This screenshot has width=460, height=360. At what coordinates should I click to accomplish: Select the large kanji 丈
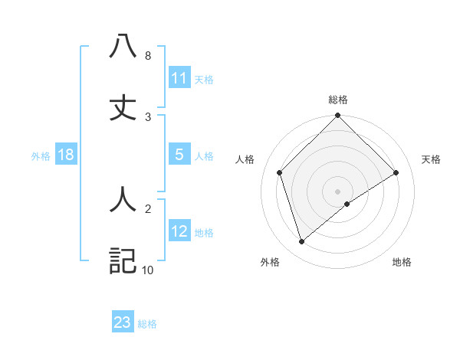point(123,106)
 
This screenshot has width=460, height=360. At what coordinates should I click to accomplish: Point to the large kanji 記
point(123,260)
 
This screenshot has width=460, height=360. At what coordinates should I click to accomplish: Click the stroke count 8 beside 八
point(147,56)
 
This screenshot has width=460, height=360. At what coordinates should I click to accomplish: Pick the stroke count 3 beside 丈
point(147,117)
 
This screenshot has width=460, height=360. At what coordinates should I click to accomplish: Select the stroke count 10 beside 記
point(147,270)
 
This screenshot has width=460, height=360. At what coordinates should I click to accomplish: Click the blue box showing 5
point(179,154)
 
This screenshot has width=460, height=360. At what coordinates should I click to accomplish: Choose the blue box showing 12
point(179,231)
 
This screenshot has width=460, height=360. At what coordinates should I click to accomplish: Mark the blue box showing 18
point(66,154)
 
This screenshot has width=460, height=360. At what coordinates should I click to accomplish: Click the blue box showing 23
point(123,322)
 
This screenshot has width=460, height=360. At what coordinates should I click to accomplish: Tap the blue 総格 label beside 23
point(147,324)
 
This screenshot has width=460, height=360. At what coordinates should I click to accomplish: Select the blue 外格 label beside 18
point(41,155)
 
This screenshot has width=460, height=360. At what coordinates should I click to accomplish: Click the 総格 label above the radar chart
point(338,100)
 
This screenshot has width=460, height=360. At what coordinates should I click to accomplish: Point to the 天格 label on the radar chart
point(432,159)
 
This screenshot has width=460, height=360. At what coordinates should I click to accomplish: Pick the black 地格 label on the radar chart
point(402,262)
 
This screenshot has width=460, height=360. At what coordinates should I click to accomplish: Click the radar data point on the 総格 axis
point(338,116)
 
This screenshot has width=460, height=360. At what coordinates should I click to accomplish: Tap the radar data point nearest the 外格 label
point(302,241)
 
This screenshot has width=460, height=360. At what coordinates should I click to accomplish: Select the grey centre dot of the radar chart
point(338,191)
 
